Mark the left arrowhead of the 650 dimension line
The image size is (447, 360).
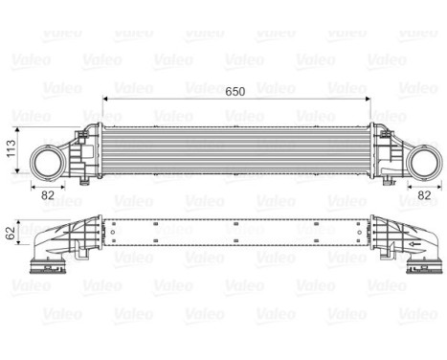pos(103,99)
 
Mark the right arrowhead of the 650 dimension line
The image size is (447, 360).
pos(367,99)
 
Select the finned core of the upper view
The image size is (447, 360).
pos(235,149)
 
